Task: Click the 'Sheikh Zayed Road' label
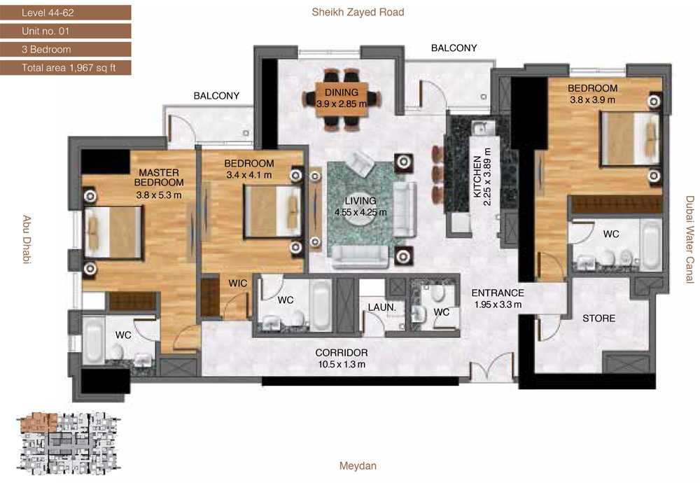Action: coord(358,12)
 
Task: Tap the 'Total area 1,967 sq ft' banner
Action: coord(66,68)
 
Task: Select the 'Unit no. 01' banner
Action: coord(66,31)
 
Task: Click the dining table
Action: coord(342,99)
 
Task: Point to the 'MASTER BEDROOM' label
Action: coord(159,177)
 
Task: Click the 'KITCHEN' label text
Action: coord(477,176)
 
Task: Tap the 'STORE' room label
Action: coord(598,318)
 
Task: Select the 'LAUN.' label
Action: coord(381,307)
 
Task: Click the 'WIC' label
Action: coord(237,283)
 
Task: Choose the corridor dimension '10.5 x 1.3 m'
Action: coord(342,364)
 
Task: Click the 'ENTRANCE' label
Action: coord(498,293)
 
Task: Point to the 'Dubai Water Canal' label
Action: coord(690,239)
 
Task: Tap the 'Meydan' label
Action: coord(358,466)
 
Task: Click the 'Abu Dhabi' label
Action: coord(27,239)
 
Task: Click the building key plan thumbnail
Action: coord(69,444)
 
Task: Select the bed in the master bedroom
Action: coord(113,232)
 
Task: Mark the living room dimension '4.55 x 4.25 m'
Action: coord(360,213)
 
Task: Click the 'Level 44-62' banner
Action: coord(66,13)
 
